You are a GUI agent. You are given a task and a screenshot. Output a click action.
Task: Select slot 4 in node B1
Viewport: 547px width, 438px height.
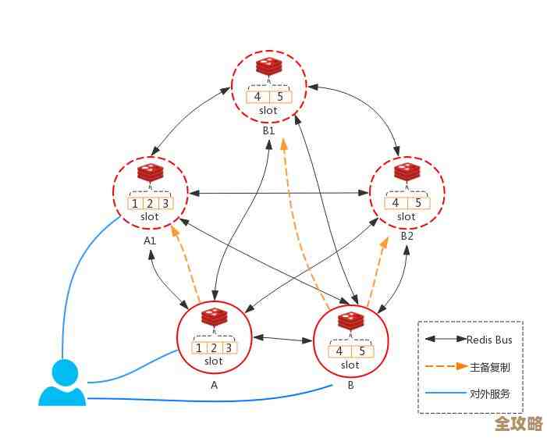pos(258,97)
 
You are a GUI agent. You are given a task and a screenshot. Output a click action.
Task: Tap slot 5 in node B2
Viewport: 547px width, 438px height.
pos(417,203)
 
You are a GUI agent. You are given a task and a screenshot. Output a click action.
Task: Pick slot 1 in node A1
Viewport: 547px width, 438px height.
pos(135,204)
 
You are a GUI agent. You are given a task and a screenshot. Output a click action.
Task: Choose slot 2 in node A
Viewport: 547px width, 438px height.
pos(213,348)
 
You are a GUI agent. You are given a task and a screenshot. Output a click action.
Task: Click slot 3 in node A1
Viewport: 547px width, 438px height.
pos(165,204)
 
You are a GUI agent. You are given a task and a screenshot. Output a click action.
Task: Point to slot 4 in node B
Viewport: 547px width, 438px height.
pos(339,351)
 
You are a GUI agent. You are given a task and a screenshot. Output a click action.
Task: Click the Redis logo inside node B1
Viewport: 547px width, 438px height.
pos(268,67)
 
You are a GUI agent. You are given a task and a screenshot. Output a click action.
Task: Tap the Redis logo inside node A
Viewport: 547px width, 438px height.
pos(213,318)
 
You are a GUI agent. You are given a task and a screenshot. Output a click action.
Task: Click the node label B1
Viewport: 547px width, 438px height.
pos(268,130)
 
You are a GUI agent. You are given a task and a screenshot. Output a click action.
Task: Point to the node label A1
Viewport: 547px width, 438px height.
pos(150,240)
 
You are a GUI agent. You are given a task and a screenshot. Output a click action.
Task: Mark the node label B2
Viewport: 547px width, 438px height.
pos(407,235)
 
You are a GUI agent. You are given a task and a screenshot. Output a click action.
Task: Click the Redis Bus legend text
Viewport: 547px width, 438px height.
pos(489,340)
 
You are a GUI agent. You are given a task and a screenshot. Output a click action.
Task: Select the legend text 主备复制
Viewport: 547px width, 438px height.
pos(490,367)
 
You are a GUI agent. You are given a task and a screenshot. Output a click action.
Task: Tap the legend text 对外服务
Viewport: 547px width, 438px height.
pos(490,393)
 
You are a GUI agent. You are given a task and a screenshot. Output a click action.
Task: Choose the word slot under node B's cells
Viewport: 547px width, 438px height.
pos(350,365)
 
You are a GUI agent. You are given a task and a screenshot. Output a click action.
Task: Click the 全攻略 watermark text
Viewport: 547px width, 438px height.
pos(518,424)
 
